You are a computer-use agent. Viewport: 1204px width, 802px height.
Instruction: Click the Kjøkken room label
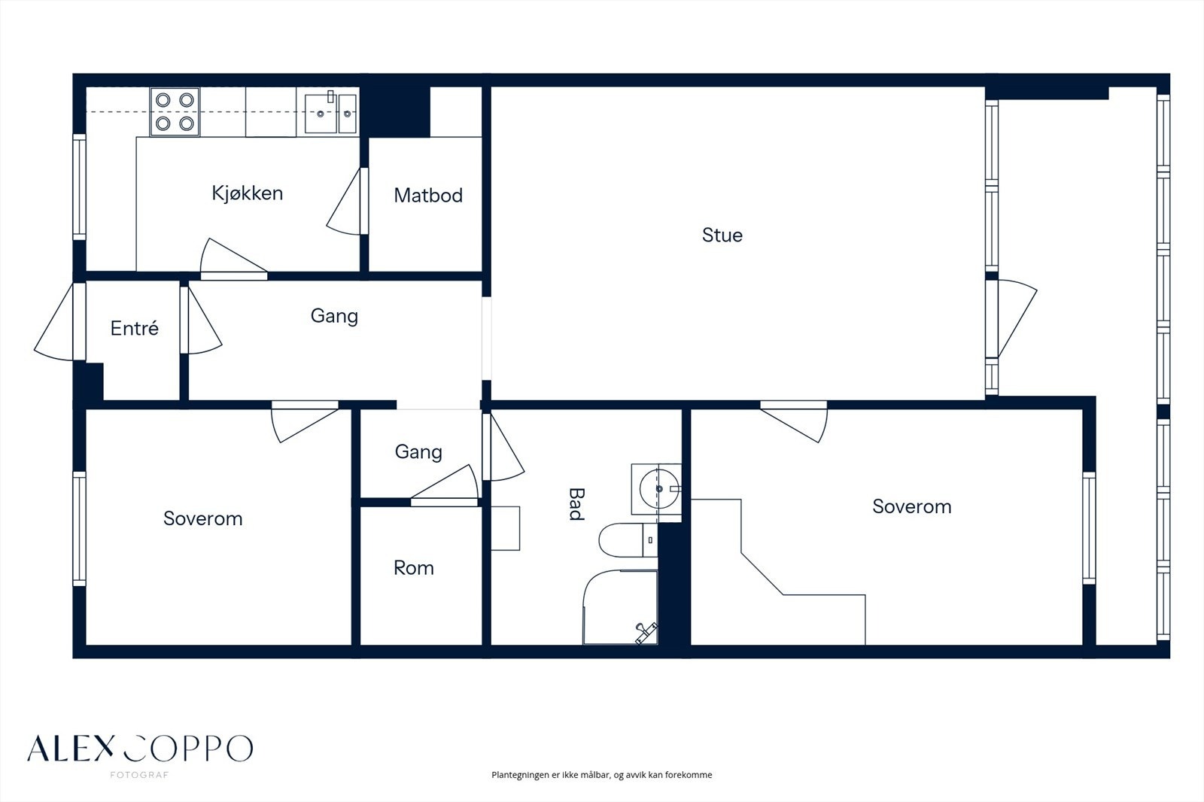(x=248, y=193)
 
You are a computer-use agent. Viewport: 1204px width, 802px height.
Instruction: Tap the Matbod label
(x=428, y=195)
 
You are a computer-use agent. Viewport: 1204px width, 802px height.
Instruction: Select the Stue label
(x=722, y=235)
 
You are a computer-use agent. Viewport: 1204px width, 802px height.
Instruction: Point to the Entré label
(x=135, y=328)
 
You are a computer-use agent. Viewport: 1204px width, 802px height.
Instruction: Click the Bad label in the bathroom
(x=576, y=503)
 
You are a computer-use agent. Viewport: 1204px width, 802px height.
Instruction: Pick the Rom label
(x=413, y=567)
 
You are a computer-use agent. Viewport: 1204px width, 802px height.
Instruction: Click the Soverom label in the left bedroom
(x=202, y=518)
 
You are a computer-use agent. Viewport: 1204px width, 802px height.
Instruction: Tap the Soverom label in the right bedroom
(x=911, y=506)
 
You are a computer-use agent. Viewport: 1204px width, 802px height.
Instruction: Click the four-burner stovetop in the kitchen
(x=175, y=112)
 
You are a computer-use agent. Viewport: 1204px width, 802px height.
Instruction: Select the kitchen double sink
(x=330, y=113)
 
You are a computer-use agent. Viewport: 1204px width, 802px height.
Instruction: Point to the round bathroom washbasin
(x=659, y=488)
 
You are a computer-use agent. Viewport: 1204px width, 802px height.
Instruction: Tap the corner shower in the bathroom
(x=620, y=607)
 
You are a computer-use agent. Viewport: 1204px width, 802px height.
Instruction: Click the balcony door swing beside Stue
(x=1011, y=318)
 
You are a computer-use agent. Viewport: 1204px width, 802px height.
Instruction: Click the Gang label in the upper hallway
(x=334, y=315)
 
